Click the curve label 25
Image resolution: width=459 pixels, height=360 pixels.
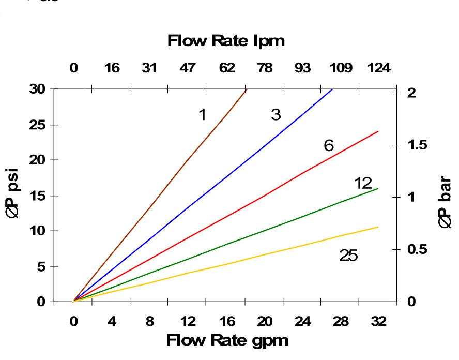pos(348,256)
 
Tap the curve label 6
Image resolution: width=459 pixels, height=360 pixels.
pos(329,146)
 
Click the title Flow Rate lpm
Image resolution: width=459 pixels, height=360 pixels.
pos(226,42)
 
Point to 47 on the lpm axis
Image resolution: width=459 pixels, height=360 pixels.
pos(189,68)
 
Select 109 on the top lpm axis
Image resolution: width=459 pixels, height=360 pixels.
pos(341,68)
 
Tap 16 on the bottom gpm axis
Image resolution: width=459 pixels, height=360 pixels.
pos(226,321)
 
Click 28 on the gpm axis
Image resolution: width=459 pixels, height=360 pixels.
pos(341,321)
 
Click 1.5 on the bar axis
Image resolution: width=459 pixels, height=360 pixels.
pos(415,145)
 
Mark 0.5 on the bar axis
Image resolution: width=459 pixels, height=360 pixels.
pos(415,250)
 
